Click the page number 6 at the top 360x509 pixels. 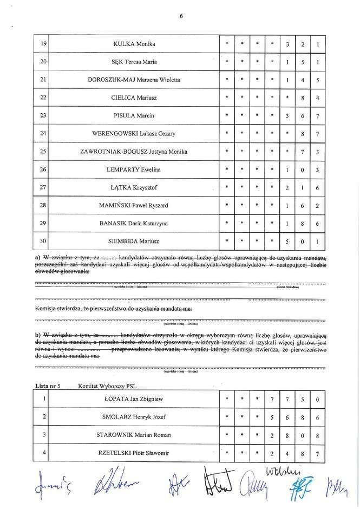181,17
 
